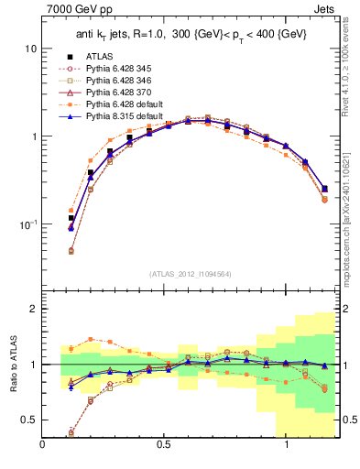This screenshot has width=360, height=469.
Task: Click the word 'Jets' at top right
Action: [336, 10]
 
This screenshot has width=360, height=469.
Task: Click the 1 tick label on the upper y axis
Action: [34, 136]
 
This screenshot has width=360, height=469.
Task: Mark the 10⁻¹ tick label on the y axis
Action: [28, 224]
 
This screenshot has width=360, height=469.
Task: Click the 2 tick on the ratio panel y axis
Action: [34, 309]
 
